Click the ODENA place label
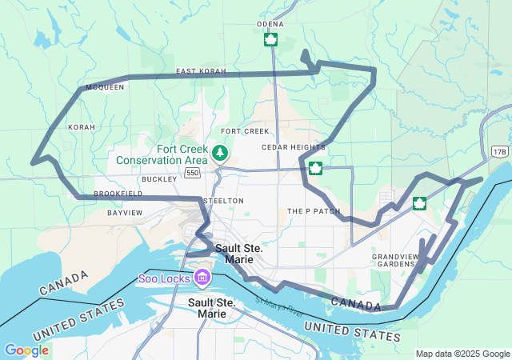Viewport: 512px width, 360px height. tap(270, 24)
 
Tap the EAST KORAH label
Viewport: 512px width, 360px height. tap(202, 71)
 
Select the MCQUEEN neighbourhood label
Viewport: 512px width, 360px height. tap(105, 86)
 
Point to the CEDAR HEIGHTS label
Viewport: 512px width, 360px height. tap(293, 147)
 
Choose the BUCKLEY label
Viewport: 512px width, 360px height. tap(159, 179)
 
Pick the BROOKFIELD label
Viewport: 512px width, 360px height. tap(118, 194)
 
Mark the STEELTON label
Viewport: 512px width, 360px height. tap(223, 200)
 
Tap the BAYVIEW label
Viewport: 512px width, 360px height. tap(125, 213)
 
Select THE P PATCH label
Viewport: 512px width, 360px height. tap(314, 211)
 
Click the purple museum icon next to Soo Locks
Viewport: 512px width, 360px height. tap(202, 278)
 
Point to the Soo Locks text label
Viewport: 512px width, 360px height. tap(164, 278)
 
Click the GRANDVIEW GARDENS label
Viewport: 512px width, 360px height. tap(394, 260)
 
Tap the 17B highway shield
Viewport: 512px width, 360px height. tap(500, 151)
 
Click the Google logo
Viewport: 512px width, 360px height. tap(26, 350)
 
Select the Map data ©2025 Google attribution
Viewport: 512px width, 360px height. tap(462, 354)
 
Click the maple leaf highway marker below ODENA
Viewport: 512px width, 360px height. tap(270, 39)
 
